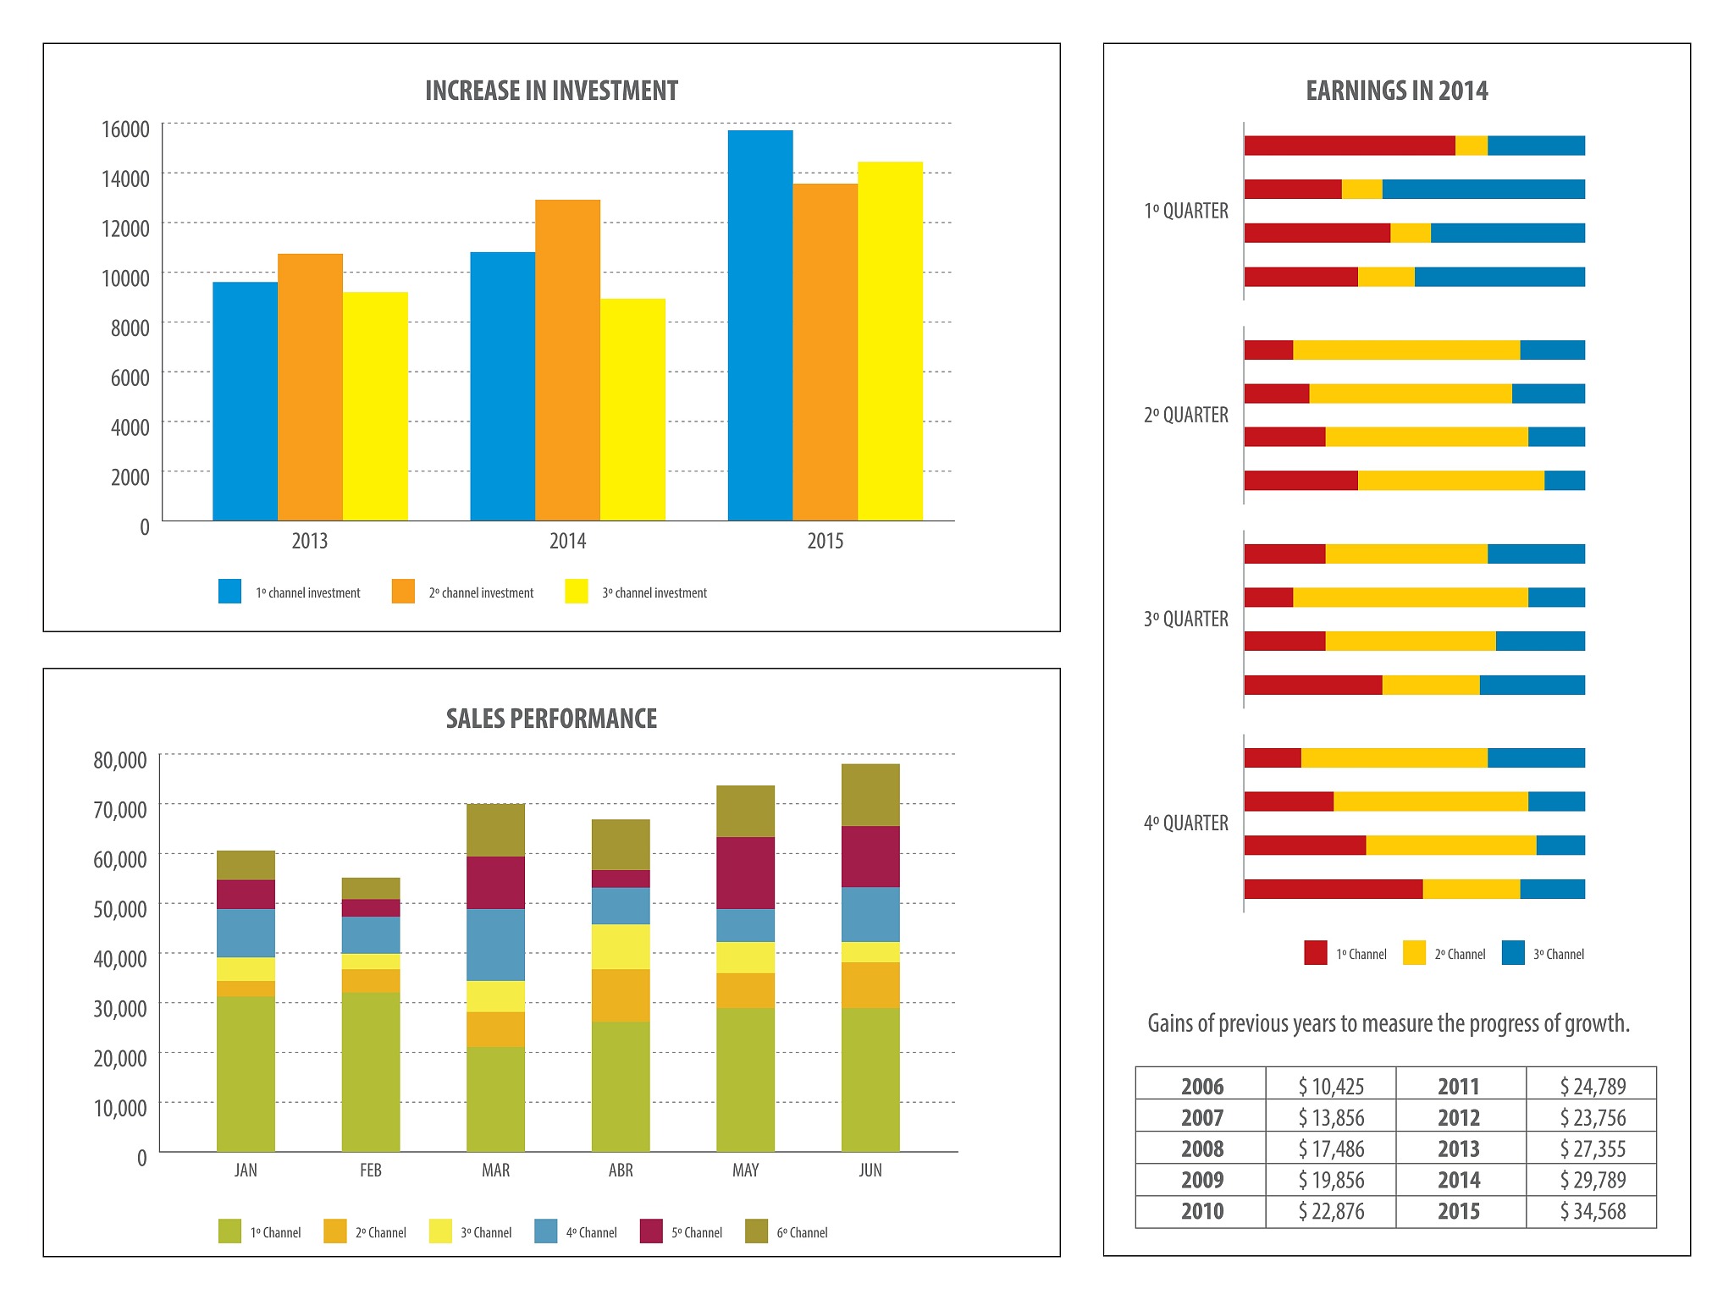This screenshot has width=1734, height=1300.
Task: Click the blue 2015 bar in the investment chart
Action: coord(760,326)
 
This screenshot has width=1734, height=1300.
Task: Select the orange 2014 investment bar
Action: coord(567,360)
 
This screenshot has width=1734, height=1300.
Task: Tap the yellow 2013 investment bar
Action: coord(375,406)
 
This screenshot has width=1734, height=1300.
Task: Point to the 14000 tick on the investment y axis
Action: coord(125,179)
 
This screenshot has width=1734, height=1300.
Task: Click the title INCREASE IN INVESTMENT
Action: coord(551,91)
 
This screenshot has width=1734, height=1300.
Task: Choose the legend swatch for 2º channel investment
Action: coord(403,592)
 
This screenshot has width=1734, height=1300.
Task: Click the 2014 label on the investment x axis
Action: coord(567,542)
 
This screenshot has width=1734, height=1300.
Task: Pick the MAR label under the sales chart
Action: coord(495,1171)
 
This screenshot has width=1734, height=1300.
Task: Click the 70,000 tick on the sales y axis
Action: coord(119,810)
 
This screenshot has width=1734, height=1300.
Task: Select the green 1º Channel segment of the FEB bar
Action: coord(371,1071)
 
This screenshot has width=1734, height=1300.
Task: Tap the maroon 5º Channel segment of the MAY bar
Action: coord(745,873)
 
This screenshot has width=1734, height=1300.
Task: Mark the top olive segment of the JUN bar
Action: coord(870,795)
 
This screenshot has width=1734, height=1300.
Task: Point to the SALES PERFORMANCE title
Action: coord(551,719)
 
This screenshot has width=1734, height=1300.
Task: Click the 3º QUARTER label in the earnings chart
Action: coord(1185,620)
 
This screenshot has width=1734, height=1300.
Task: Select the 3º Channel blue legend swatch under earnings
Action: coord(1513,953)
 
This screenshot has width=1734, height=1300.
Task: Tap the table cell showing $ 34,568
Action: coord(1593,1212)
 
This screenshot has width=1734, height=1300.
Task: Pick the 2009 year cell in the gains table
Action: coord(1201,1181)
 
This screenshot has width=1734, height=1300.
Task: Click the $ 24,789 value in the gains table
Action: coord(1593,1087)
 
